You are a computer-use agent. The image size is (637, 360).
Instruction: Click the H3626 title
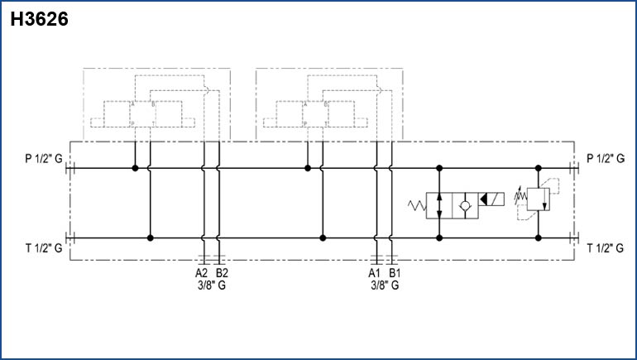coord(40,19)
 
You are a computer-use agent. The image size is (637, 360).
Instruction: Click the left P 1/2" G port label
coord(44,158)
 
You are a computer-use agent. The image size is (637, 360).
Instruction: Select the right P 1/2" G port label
coord(606,158)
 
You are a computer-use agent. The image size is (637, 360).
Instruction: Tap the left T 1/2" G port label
coord(44,247)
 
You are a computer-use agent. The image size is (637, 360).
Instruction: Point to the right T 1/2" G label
coord(606,247)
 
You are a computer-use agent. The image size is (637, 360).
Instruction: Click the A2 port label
coord(202,272)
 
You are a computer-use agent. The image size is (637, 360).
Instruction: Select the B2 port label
coord(222,272)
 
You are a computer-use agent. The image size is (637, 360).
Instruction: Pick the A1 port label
coord(374,272)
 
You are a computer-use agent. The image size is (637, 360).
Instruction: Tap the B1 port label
coord(395,272)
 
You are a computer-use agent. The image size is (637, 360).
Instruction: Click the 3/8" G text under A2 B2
coord(212,286)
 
